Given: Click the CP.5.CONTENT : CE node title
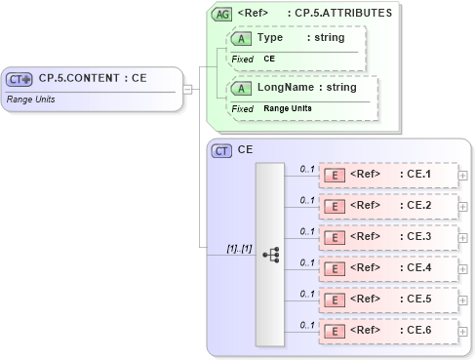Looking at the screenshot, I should [93, 79].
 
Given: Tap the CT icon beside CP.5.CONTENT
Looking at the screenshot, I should [20, 79].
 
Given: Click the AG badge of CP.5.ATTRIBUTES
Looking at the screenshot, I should [222, 14].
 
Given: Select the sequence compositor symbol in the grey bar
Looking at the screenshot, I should [271, 255].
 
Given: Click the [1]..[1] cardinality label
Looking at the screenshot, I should [239, 248].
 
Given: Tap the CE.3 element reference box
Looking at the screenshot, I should [387, 237].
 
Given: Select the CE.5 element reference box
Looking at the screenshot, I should [387, 300].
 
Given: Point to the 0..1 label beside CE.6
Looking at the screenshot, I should [306, 324].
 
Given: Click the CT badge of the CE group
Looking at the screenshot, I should [222, 151].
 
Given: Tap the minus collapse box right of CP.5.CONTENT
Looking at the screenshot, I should [186, 90].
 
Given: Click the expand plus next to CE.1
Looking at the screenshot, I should [463, 176].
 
